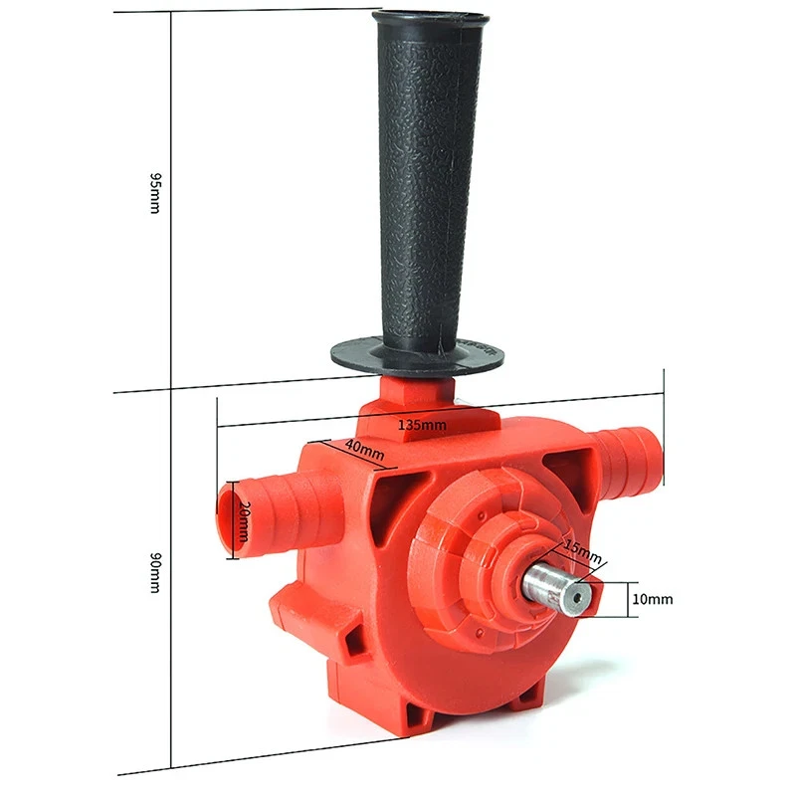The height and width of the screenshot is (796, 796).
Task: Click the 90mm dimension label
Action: click(153, 574)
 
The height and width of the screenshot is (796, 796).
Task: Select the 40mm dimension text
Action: click(365, 450)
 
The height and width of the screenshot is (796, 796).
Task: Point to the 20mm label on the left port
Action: click(242, 520)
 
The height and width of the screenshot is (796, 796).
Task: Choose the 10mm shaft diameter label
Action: click(654, 599)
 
